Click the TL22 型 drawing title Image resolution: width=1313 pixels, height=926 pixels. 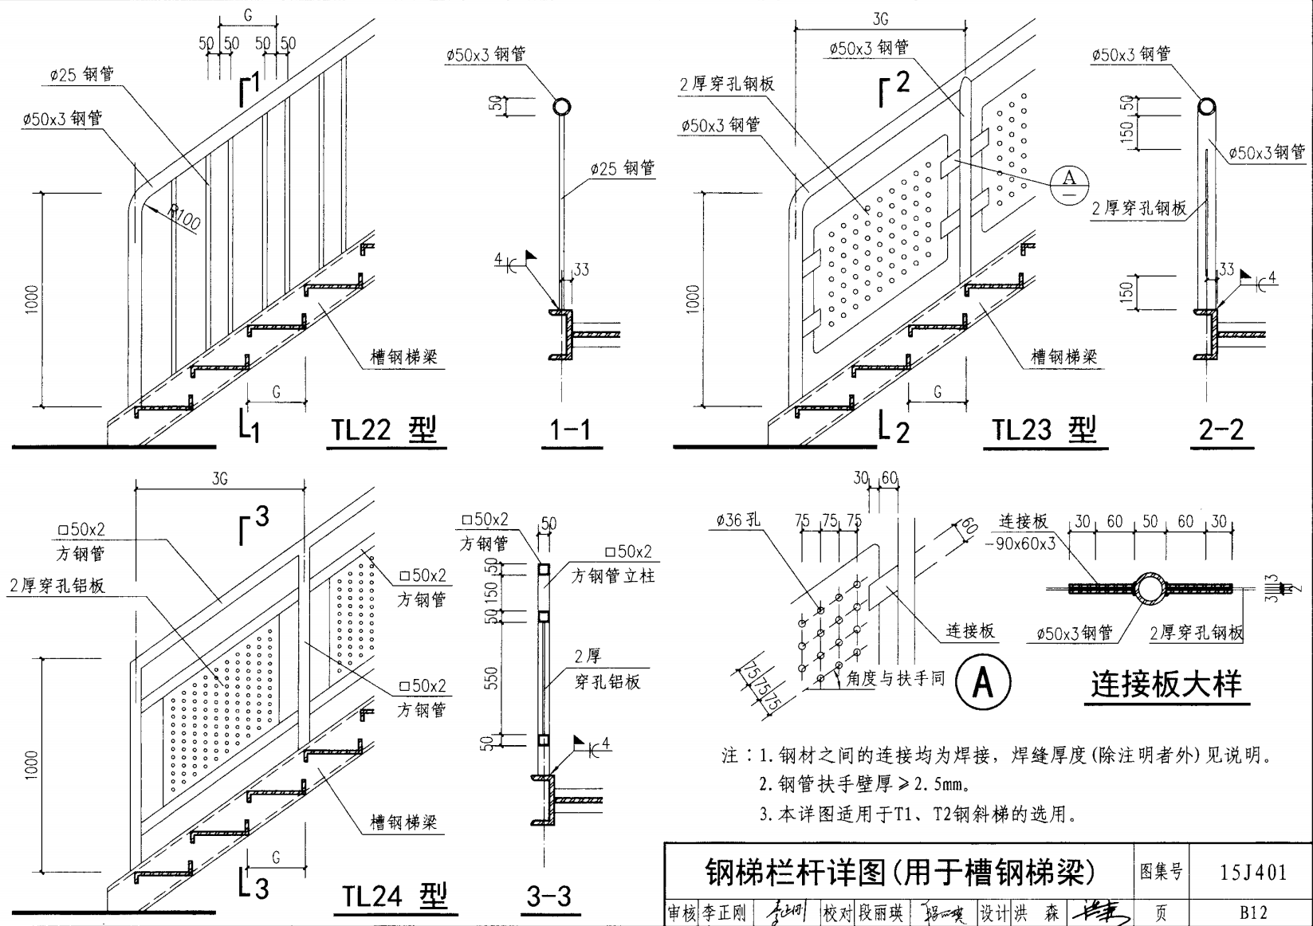[x=384, y=430]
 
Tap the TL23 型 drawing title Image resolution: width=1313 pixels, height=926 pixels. [x=1044, y=430]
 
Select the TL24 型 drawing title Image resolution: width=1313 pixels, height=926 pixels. [x=395, y=897]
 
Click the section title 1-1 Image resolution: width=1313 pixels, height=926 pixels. [x=571, y=431]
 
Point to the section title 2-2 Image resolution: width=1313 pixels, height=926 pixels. [x=1221, y=430]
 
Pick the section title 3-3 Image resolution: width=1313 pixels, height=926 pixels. [x=548, y=897]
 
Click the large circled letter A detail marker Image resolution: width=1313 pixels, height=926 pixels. [x=983, y=682]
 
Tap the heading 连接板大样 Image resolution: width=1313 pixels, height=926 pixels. [x=1166, y=685]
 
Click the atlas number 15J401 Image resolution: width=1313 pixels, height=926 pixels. [x=1253, y=872]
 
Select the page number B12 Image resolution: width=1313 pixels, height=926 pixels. [x=1253, y=912]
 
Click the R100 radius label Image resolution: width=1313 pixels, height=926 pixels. [x=185, y=218]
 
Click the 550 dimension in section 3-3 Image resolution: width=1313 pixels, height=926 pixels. [x=492, y=677]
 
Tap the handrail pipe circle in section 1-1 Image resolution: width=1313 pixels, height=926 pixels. [x=562, y=107]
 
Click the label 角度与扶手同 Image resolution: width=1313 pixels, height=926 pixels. [x=895, y=678]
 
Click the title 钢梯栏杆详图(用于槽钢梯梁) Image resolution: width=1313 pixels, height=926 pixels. [x=900, y=872]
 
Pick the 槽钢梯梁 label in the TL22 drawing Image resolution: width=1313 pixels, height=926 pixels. [x=404, y=357]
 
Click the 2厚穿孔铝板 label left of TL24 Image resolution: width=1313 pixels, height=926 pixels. [x=57, y=586]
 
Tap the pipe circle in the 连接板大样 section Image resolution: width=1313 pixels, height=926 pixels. [x=1149, y=588]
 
